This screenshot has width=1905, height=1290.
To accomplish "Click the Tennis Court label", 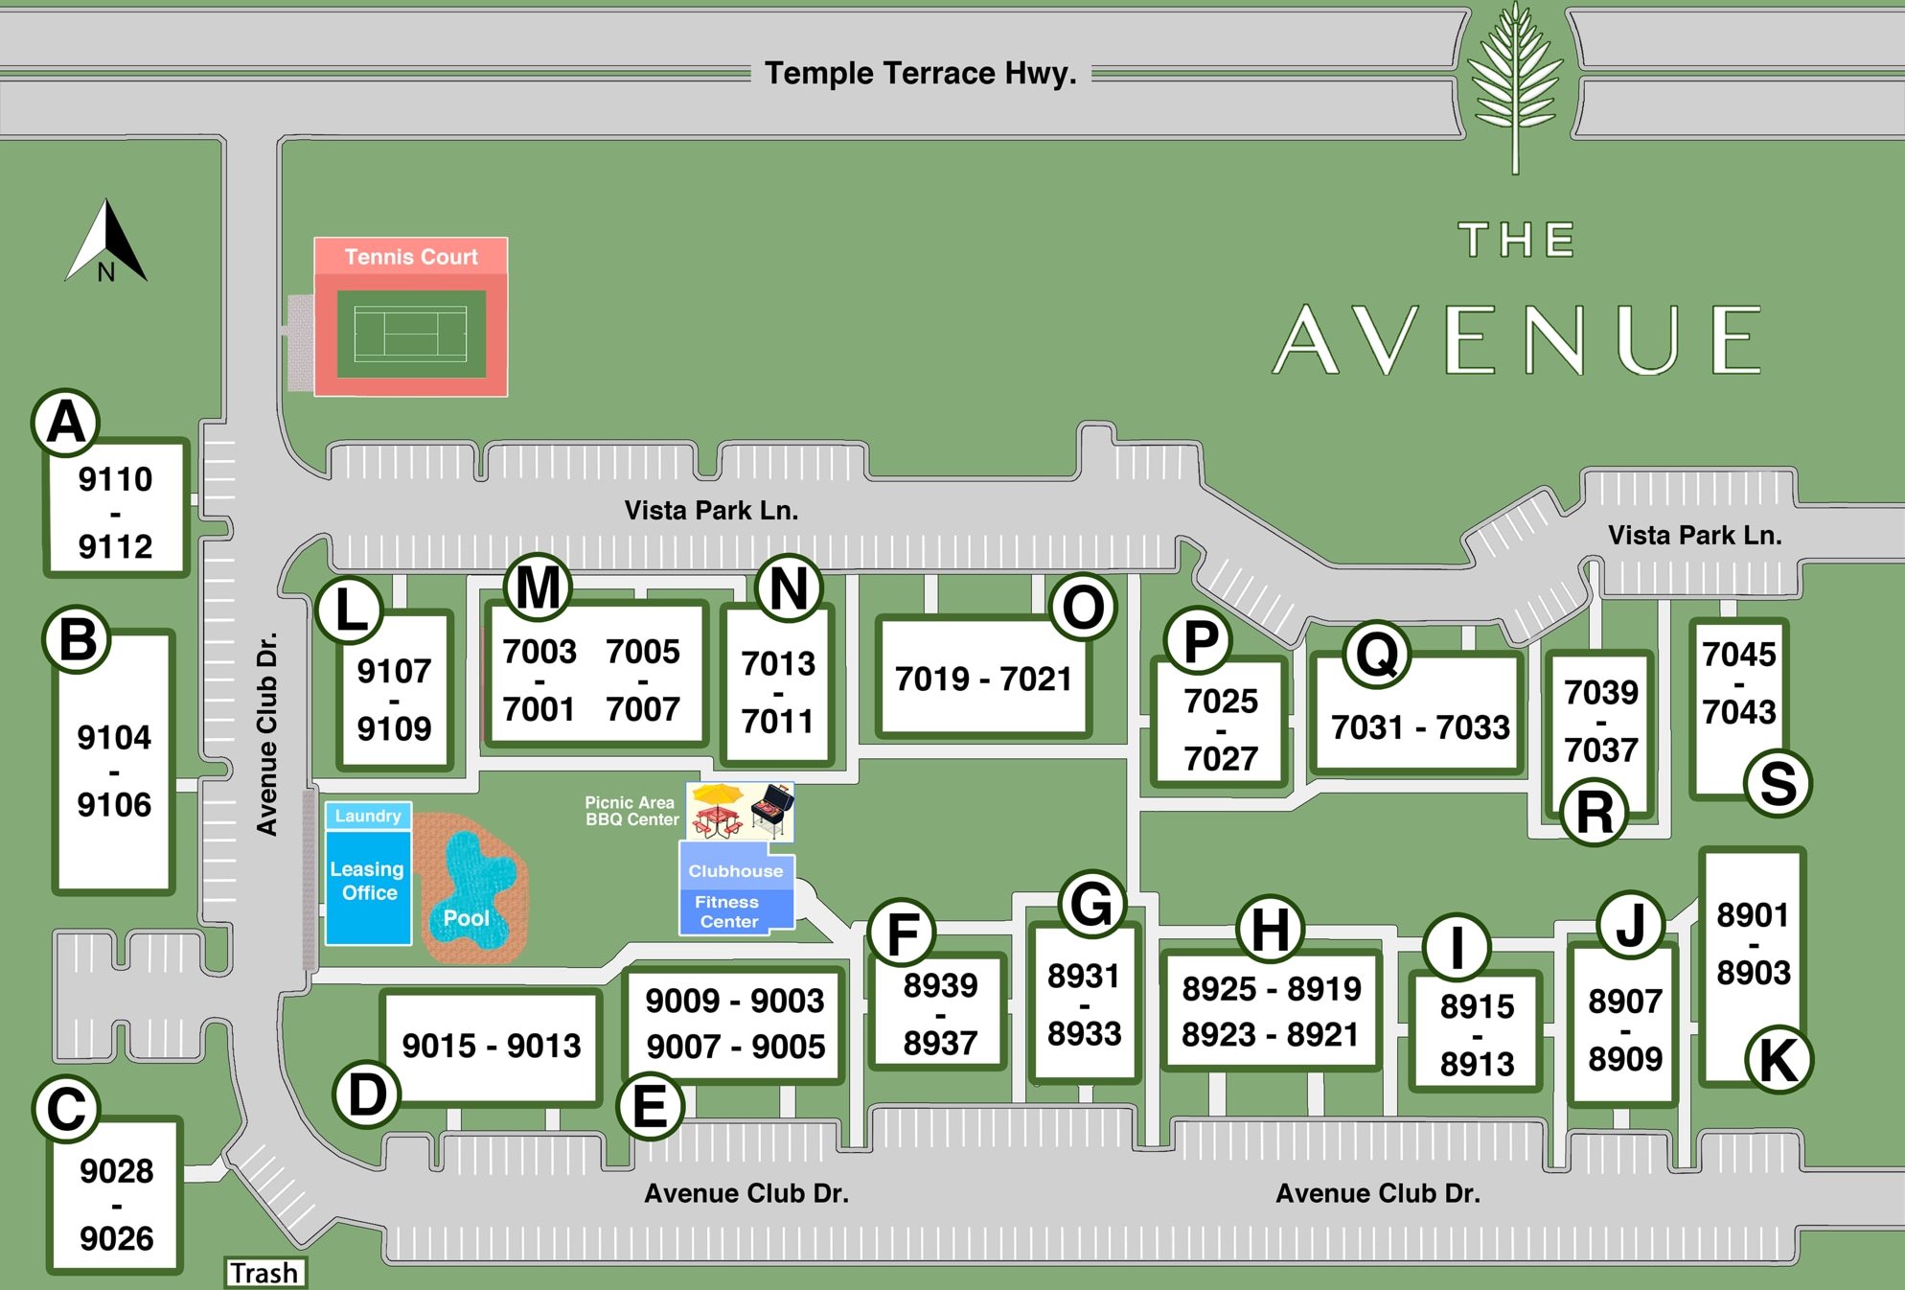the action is pos(411,257).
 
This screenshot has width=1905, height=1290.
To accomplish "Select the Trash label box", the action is pos(264,1273).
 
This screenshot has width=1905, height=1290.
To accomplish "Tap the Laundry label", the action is pos(368,816).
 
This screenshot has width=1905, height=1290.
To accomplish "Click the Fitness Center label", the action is pos(728,911).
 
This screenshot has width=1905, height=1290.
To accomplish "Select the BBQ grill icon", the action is pos(772,810).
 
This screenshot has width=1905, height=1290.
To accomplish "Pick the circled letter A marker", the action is pos(66,423).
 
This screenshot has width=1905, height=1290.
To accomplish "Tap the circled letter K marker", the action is pos(1779,1060).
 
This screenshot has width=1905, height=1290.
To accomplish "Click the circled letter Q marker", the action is pos(1377,655).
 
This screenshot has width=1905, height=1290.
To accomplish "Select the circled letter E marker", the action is pos(650,1107).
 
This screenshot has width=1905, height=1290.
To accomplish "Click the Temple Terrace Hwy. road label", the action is pos(920,73).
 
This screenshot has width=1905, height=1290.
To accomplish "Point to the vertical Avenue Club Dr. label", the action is pos(267,733).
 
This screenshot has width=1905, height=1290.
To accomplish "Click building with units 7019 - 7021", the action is pos(983,679).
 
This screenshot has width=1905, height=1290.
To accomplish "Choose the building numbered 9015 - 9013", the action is pos(492,1047).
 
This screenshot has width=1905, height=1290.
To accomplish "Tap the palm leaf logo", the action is pos(1515,86).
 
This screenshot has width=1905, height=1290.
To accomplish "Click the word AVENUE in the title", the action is pos(1519,340).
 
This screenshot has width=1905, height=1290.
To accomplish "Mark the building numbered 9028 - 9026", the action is pos(116,1204).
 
